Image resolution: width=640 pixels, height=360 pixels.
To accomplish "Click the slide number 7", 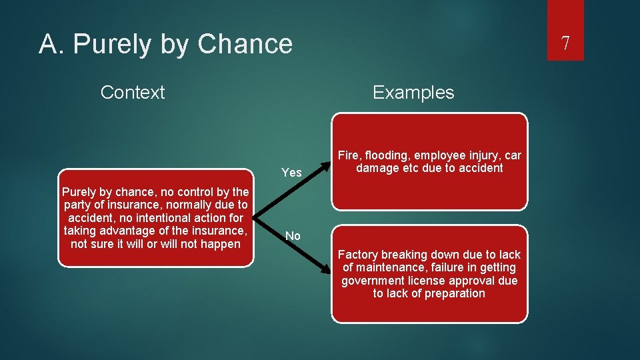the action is click(565, 44).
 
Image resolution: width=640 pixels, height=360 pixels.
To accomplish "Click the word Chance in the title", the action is click(245, 44).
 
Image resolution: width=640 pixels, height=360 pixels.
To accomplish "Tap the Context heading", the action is click(132, 92).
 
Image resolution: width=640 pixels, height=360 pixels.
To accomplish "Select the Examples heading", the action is click(413, 92).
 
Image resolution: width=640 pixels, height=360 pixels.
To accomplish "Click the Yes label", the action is click(291, 173).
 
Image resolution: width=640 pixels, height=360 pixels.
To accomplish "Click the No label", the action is click(293, 235).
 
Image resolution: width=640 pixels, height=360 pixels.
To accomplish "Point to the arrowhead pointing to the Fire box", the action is click(327, 162).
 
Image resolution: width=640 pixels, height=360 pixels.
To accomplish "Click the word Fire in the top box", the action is click(349, 155).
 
